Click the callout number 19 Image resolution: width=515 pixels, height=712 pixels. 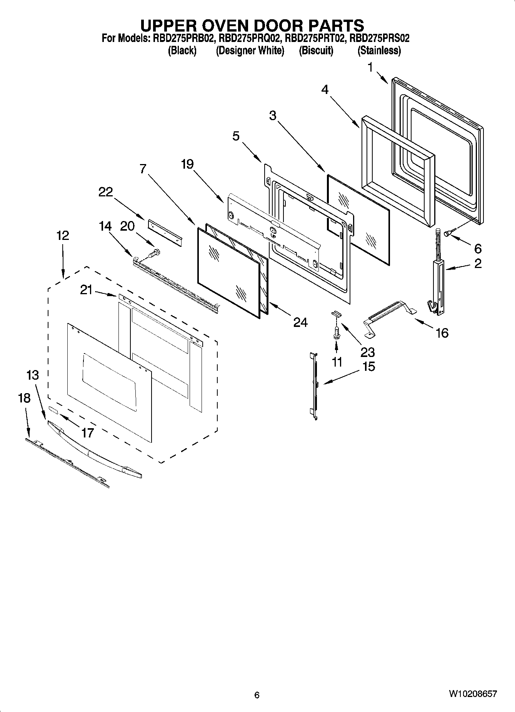click(x=187, y=164)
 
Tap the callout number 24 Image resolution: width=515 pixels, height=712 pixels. click(x=300, y=322)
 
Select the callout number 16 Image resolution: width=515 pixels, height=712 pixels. click(x=442, y=333)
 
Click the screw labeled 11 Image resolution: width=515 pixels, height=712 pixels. click(x=337, y=332)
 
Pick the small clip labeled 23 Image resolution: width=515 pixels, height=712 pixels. click(x=335, y=313)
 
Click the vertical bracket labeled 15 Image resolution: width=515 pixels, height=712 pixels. click(x=315, y=385)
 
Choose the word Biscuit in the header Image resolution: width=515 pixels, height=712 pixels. click(x=316, y=50)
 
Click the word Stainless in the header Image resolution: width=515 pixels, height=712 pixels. click(x=379, y=50)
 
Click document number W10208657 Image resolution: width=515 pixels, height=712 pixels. click(x=472, y=695)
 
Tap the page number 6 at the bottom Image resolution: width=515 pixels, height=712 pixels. click(x=257, y=695)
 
